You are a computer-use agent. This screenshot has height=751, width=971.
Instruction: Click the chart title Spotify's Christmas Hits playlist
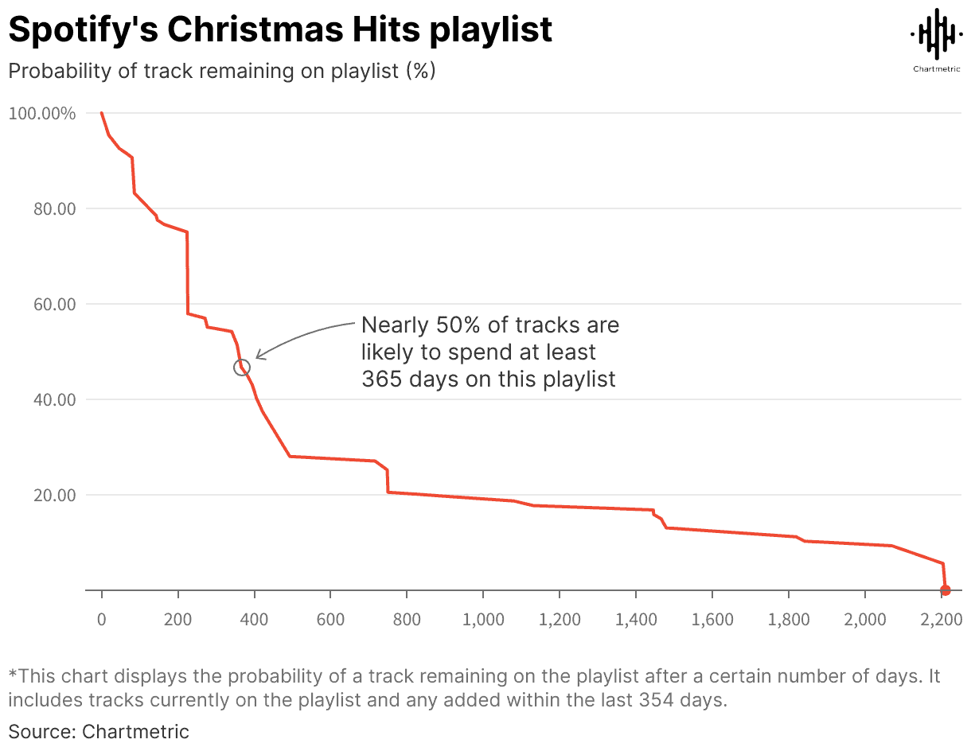280,30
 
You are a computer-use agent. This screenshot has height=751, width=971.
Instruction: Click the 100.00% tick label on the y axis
42,114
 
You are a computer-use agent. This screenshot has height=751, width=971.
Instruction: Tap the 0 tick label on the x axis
101,620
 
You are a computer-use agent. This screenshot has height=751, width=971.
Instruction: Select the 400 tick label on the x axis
254,620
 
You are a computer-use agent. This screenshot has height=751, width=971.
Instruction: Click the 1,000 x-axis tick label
483,620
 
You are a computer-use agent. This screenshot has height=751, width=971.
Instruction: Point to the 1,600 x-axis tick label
712,620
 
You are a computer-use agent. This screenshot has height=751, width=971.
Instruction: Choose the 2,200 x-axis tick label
941,620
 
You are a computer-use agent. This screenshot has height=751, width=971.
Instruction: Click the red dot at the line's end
946,590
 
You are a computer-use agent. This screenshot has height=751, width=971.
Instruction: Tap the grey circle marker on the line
242,368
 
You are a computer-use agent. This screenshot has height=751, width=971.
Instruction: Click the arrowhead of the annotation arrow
259,357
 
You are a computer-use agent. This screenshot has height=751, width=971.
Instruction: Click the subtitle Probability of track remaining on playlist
221,71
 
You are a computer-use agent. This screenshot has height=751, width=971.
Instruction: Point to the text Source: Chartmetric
99,731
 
